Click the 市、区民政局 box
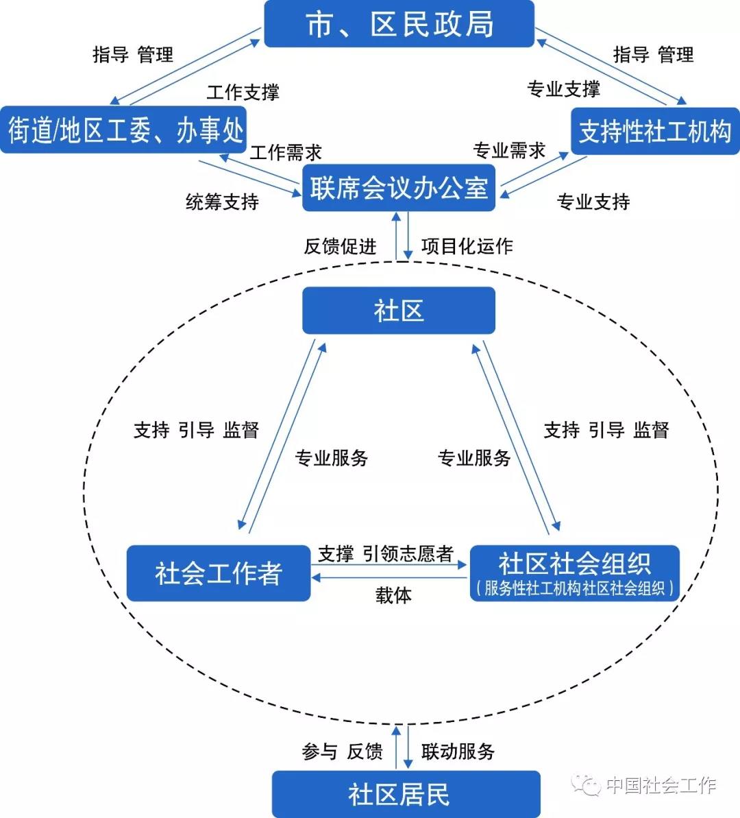[x=399, y=24]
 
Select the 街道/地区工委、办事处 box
[x=123, y=130]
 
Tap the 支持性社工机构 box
[x=655, y=131]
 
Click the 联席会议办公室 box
[x=398, y=189]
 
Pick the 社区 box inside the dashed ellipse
[x=398, y=311]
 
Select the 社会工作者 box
[x=219, y=573]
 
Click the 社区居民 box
[x=406, y=794]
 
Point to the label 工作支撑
[x=243, y=93]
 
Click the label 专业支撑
[x=564, y=89]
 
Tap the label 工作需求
[x=286, y=152]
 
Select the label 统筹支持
[x=222, y=202]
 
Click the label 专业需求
[x=509, y=150]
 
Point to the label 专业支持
[x=593, y=202]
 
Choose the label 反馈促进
[x=340, y=246]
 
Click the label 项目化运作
[x=467, y=246]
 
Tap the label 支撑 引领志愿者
[x=386, y=553]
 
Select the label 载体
[x=393, y=594]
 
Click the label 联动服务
[x=458, y=751]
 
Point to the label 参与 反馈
[x=342, y=751]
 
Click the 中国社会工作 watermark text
[x=661, y=784]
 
